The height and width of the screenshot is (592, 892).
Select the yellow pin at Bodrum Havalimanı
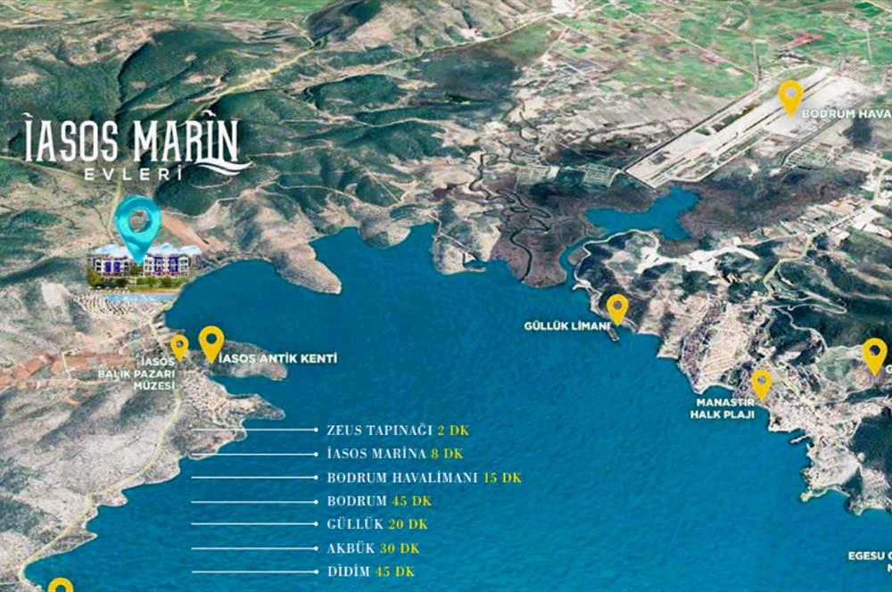[x=790, y=96]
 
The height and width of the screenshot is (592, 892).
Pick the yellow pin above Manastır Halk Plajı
[x=761, y=383]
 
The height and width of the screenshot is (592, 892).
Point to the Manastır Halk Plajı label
[x=725, y=408]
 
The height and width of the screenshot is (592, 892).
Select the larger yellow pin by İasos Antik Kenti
[x=211, y=341]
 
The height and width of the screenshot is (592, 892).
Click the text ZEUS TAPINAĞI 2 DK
[x=397, y=430]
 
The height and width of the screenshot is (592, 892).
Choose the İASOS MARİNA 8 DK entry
[x=395, y=454]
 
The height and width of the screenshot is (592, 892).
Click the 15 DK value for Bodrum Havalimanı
[x=502, y=478]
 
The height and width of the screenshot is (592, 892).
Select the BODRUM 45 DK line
[x=379, y=501]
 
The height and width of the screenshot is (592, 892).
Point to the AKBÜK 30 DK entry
[x=373, y=548]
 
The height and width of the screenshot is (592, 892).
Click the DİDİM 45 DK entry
[x=370, y=571]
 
